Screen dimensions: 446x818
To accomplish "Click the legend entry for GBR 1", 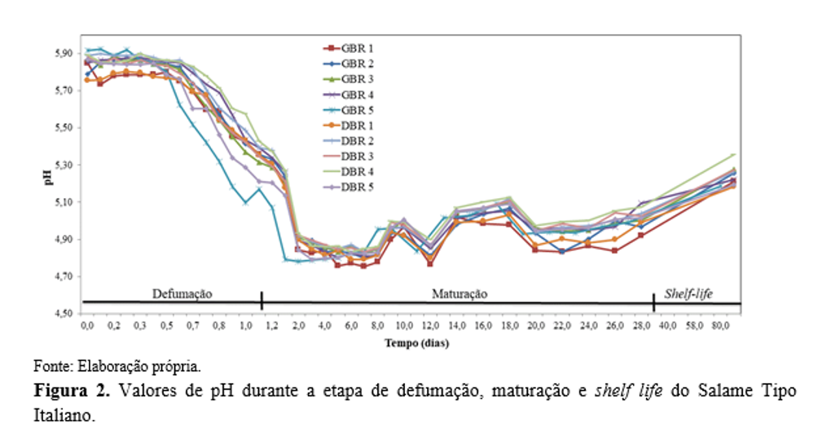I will pos(350,49).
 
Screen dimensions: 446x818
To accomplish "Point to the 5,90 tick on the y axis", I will pos(64,54).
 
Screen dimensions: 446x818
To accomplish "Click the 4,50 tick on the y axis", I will pos(64,314).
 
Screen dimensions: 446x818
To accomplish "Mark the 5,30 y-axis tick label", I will pos(64,166).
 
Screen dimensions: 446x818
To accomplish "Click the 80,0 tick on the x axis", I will pos(721,326).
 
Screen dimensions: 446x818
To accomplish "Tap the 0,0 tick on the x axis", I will pos(87,326).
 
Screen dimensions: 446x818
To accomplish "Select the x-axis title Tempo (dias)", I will pos(416,343).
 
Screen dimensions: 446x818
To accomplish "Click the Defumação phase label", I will pos(182,292).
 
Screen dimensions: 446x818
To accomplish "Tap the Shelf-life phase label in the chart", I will pos(688,292).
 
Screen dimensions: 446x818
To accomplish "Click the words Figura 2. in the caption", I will pos(72,390).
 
